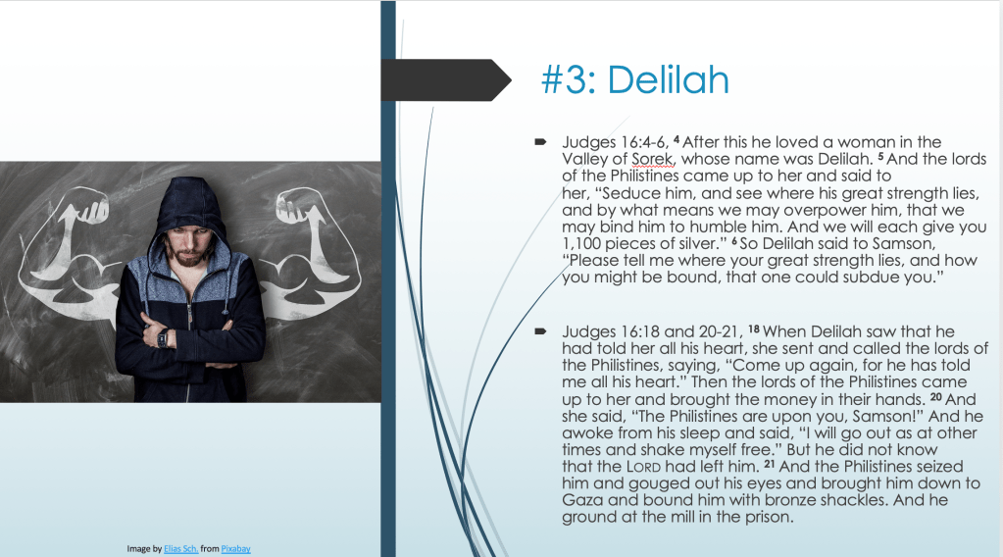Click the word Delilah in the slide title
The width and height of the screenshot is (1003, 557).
(x=668, y=80)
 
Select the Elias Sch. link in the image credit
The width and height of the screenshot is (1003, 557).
(x=181, y=549)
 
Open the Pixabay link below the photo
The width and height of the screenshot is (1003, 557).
(x=235, y=549)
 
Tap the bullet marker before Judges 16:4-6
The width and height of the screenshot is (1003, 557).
(x=540, y=141)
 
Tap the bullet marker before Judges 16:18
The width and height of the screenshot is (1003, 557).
(x=540, y=331)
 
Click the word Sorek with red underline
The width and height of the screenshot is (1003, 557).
(x=652, y=159)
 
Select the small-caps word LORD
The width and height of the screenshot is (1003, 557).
(x=643, y=467)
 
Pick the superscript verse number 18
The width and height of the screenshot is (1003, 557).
(x=754, y=329)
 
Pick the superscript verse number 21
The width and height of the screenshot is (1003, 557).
(x=770, y=464)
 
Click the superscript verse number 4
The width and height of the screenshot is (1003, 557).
(x=677, y=139)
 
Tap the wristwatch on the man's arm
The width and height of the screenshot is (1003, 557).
(x=163, y=337)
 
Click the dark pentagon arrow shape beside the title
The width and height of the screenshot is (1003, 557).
(x=446, y=80)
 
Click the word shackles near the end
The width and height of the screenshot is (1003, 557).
(x=852, y=500)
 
